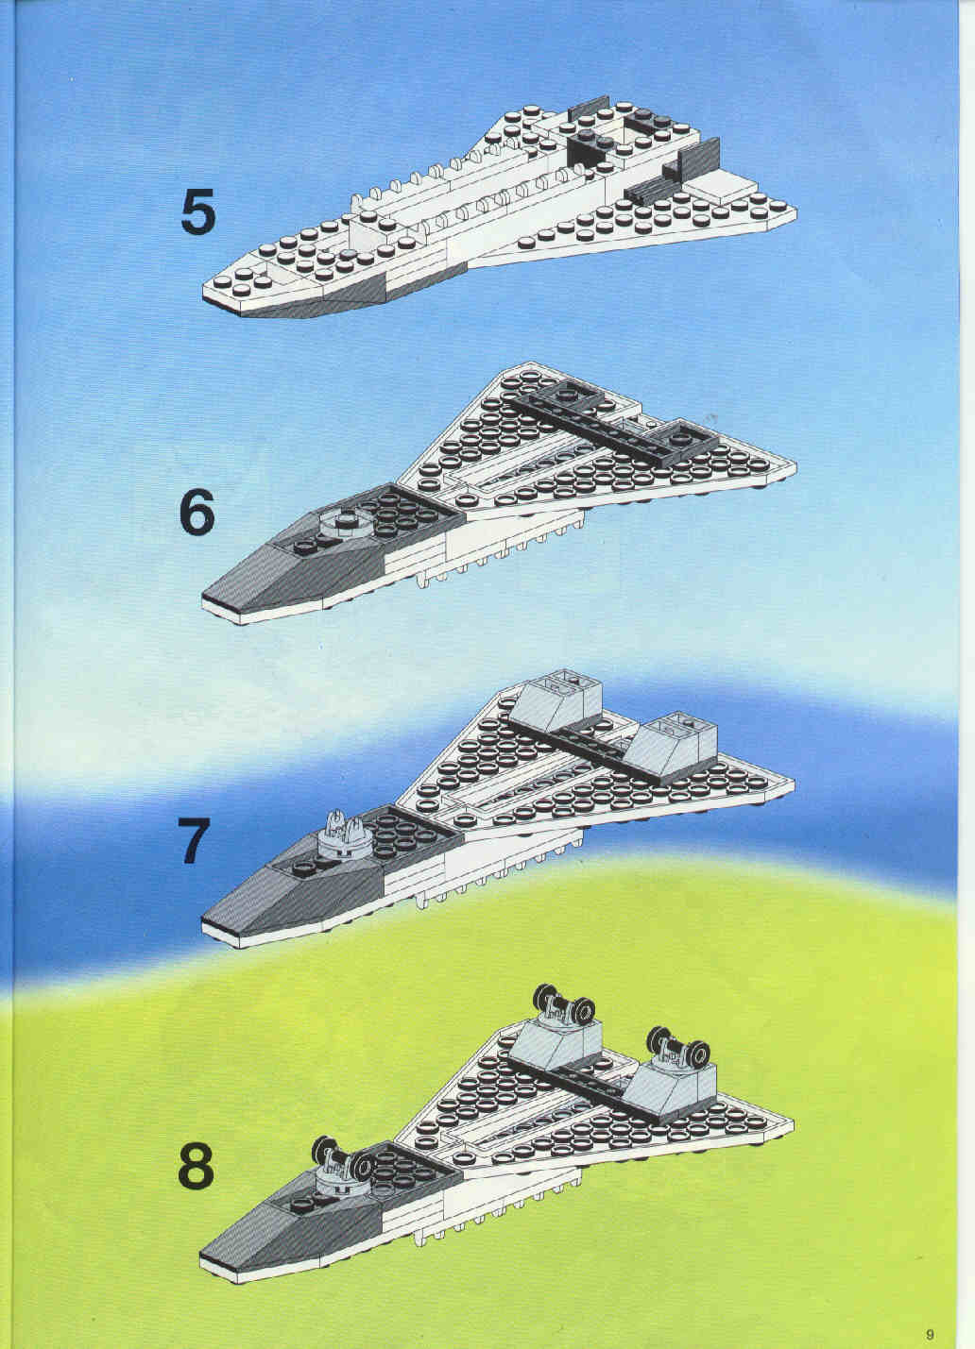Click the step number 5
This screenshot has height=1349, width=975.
[x=198, y=211]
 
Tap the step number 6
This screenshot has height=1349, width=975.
[x=197, y=512]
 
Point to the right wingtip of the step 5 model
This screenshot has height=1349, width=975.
[x=795, y=212]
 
